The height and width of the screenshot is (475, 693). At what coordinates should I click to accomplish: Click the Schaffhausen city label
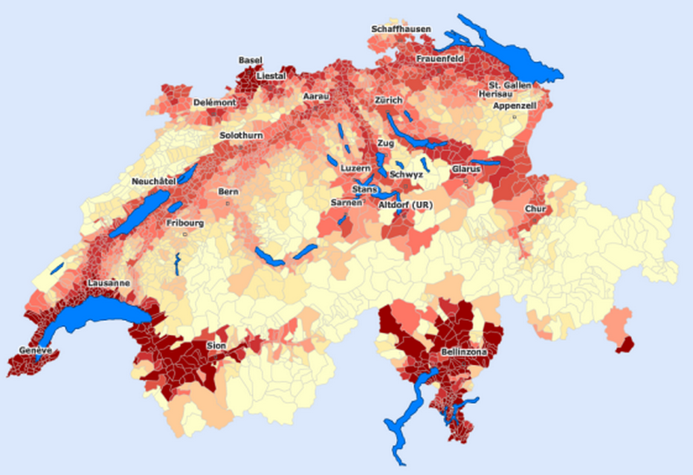click(400, 29)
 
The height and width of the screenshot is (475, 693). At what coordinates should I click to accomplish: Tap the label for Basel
click(250, 60)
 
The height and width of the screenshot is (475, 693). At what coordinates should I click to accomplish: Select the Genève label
click(36, 350)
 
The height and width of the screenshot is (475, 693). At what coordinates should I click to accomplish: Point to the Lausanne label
click(108, 283)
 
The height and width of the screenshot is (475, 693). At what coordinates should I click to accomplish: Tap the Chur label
click(535, 209)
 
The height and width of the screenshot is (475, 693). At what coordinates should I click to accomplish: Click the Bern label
click(229, 191)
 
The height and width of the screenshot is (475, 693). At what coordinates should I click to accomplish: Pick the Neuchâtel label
click(153, 180)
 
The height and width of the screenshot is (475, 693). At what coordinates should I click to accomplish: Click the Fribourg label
click(185, 223)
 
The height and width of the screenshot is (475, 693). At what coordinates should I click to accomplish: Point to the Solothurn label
click(240, 136)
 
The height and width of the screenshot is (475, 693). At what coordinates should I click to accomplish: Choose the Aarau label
click(316, 97)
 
